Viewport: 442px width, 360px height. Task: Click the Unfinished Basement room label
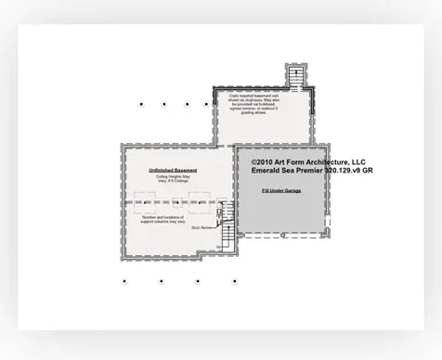(173, 171)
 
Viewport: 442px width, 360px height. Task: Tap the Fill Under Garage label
(280, 190)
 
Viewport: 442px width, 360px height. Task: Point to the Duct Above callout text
(201, 227)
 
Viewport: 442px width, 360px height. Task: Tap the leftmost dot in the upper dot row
(140, 104)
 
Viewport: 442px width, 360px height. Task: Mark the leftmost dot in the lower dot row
(124, 280)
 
